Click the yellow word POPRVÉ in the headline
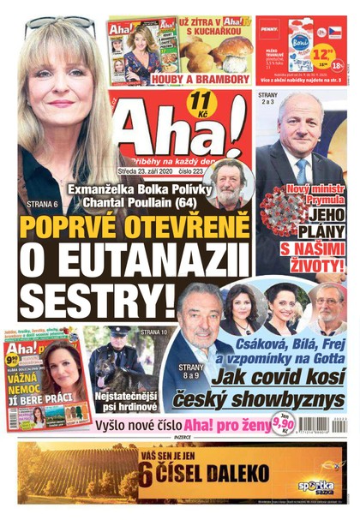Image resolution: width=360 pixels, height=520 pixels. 75,230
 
